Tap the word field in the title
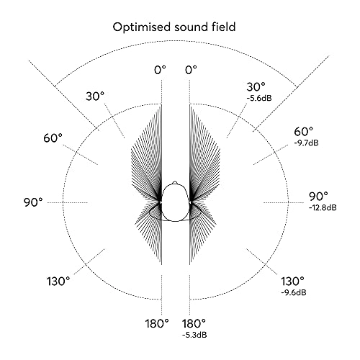[x=223, y=27]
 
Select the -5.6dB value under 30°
[x=259, y=98]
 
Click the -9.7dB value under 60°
[x=306, y=143]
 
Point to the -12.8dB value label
[x=323, y=207]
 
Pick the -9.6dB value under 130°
[x=294, y=292]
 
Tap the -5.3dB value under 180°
[x=194, y=335]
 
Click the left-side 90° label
[x=33, y=202]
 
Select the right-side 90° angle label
[x=318, y=197]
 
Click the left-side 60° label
[x=53, y=138]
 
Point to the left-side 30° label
[x=95, y=96]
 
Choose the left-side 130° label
[x=58, y=282]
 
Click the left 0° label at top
[x=160, y=71]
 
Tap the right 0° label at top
[x=191, y=71]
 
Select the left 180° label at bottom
[x=157, y=323]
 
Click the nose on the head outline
[x=175, y=183]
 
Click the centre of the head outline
[x=175, y=202]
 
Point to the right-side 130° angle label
[x=292, y=282]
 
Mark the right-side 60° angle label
[x=304, y=132]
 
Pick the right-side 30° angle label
[x=256, y=87]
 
